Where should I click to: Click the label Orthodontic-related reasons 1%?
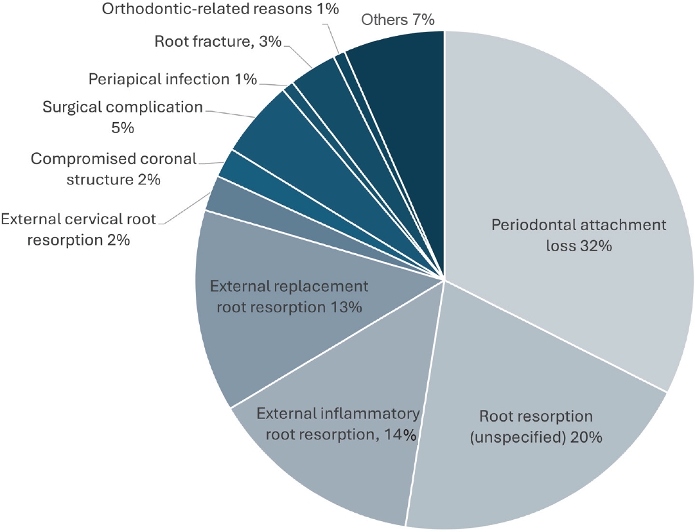pos(220,10)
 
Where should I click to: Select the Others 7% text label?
pos(398,20)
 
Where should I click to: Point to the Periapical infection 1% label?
pos(173,80)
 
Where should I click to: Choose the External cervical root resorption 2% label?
pos(78,229)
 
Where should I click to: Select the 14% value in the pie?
pos(399,434)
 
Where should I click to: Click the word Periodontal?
pos(531,226)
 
